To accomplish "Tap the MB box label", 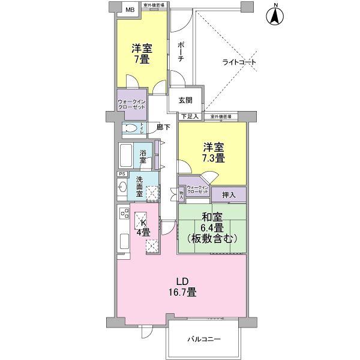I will (x=129, y=8).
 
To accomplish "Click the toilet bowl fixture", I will (x=130, y=127).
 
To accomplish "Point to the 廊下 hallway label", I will (x=164, y=127).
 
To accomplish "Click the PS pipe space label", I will (x=121, y=175).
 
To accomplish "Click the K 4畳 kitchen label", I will (x=143, y=227).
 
